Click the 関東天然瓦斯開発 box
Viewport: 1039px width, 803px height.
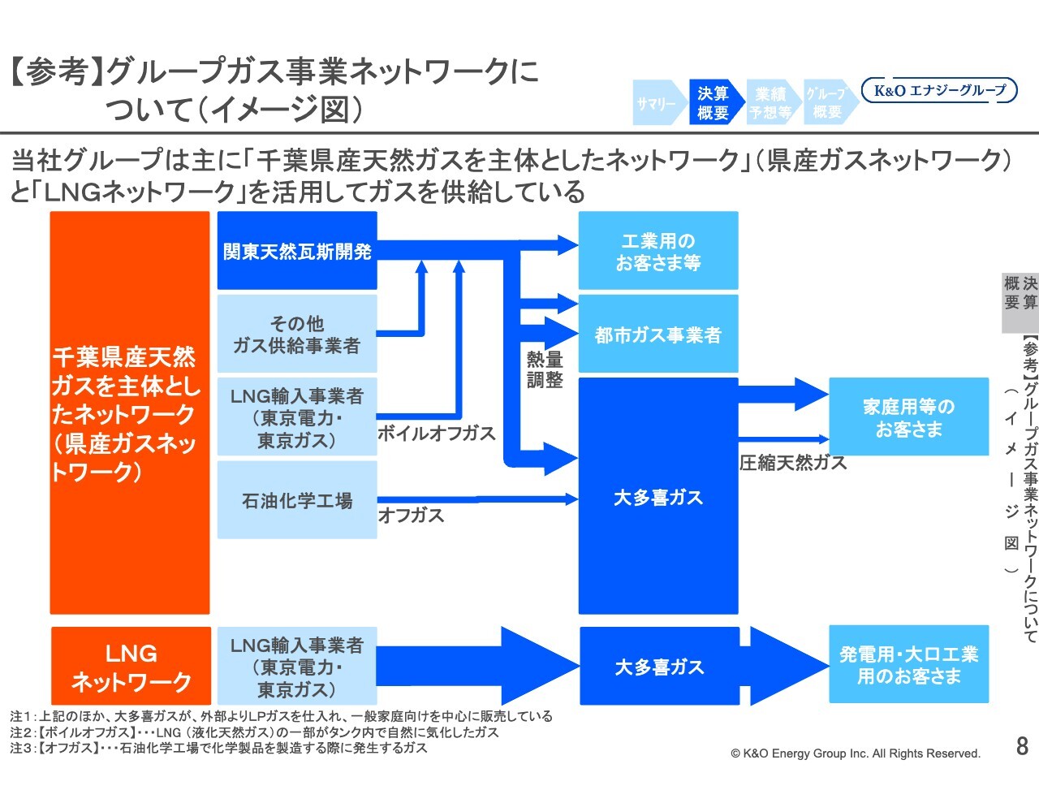coord(297,251)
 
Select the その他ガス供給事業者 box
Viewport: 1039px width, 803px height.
coord(297,335)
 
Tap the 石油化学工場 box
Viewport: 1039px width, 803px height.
coord(297,500)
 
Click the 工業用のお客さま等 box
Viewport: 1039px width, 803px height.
coord(657,251)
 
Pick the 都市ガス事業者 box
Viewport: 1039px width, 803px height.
coord(657,335)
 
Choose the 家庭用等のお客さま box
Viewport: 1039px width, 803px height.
coord(908,417)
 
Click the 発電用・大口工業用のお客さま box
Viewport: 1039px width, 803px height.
coord(908,665)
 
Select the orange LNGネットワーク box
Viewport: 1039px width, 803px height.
coord(131,667)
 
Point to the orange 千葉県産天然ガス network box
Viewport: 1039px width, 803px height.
coord(130,413)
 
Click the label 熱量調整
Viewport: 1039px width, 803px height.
coord(545,369)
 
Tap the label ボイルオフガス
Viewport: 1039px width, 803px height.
coord(437,434)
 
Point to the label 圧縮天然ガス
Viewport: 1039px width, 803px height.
coord(793,463)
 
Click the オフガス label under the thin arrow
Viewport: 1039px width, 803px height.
coord(412,516)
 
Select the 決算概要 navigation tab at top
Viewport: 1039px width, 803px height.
coord(713,103)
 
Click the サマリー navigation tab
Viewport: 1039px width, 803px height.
coord(656,104)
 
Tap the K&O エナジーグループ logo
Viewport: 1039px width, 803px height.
coord(939,90)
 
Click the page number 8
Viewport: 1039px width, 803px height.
coord(1022,746)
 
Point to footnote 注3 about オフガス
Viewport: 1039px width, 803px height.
coord(219,748)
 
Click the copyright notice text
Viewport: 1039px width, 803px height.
coord(856,753)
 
